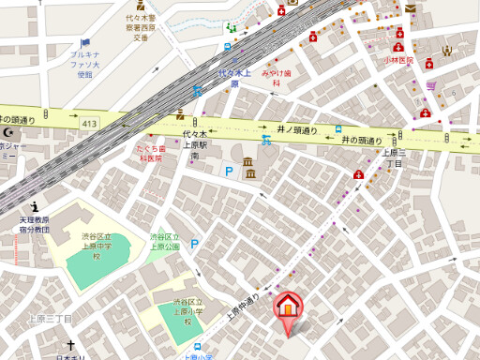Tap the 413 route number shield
pyautogui.click(x=89, y=123)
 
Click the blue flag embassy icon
pyautogui.click(x=85, y=42)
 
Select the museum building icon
pyautogui.click(x=248, y=169)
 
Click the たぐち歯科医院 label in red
pyautogui.click(x=152, y=154)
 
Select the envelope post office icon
pyautogui.click(x=410, y=7)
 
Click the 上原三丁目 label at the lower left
pyautogui.click(x=50, y=318)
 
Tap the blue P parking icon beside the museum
pyautogui.click(x=228, y=172)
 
